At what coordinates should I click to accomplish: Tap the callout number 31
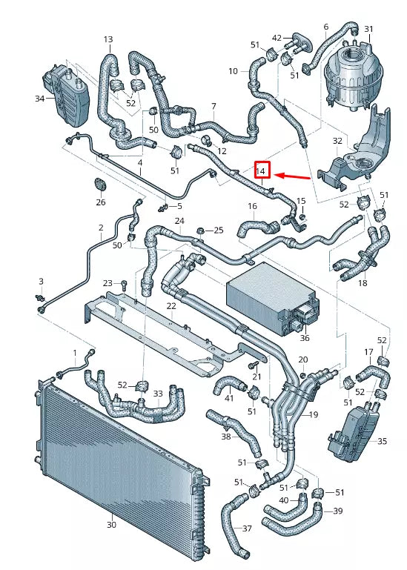[x=368, y=29]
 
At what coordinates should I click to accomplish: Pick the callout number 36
[x=305, y=338]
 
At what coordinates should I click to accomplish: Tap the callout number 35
[x=382, y=441]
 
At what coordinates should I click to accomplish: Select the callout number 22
[x=171, y=306]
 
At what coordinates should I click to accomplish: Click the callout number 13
[x=108, y=39]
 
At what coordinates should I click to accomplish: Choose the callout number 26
[x=100, y=201]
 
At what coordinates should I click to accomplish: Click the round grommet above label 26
[x=100, y=184]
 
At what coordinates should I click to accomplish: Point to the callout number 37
[x=247, y=528]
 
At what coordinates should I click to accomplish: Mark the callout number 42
[x=277, y=37]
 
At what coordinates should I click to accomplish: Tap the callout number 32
[x=337, y=140]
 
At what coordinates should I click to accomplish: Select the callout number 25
[x=218, y=231]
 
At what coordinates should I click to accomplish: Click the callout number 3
[x=42, y=281]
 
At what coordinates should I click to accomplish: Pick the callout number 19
[x=313, y=415]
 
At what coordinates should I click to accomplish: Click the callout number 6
[x=325, y=27]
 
